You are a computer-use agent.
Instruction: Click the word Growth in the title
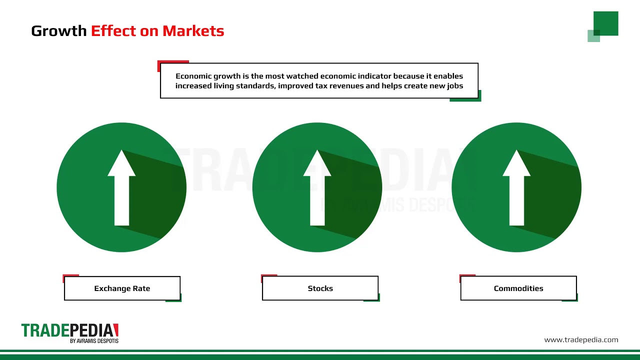click(59, 31)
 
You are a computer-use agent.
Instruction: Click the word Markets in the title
click(193, 31)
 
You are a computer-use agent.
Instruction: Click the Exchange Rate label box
click(122, 288)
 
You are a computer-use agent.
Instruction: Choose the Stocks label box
click(320, 288)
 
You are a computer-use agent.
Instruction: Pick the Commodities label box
click(518, 288)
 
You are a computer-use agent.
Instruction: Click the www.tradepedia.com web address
click(581, 340)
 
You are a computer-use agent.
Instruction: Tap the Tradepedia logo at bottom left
click(69, 330)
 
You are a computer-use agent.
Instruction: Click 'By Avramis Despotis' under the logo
click(94, 341)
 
